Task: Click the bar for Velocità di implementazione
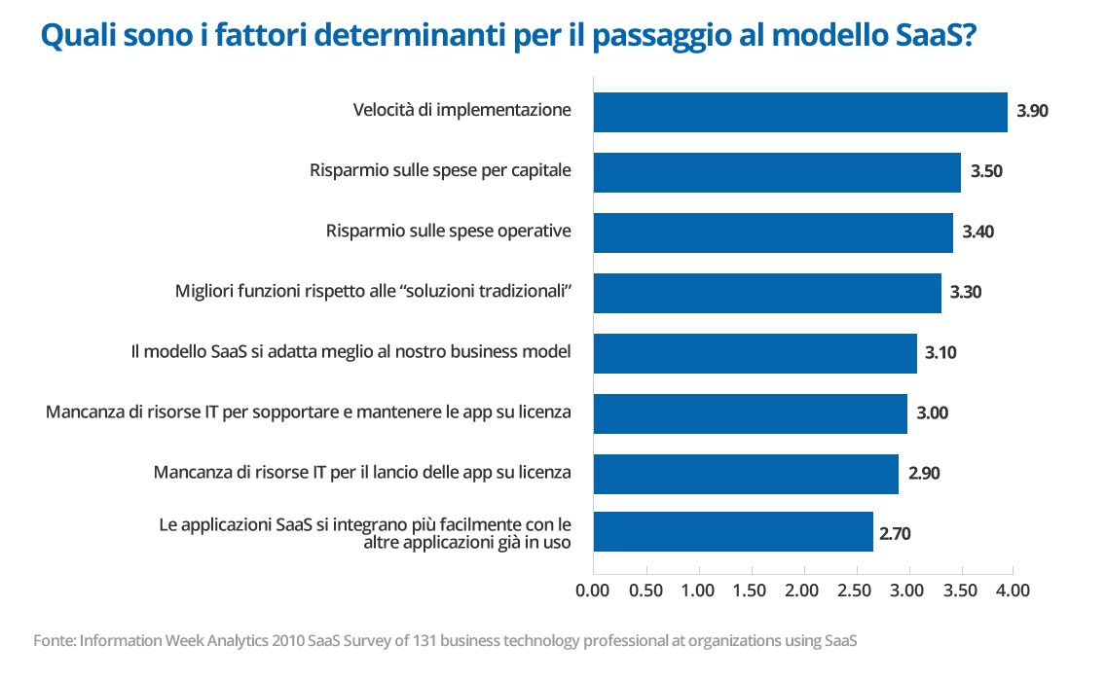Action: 799,112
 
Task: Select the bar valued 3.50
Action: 776,172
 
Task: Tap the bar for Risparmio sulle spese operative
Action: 772,233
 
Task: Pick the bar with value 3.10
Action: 755,353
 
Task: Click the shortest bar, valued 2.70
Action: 732,532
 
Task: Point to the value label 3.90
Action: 1032,112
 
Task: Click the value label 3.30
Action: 966,293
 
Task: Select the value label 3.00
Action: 932,413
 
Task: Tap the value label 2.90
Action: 924,473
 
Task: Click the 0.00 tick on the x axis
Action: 593,591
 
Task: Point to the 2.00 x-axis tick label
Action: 803,591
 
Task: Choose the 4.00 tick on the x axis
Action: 1013,591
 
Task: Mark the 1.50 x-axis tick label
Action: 751,591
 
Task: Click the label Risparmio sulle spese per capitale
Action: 440,171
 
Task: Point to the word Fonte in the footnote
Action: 54,641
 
